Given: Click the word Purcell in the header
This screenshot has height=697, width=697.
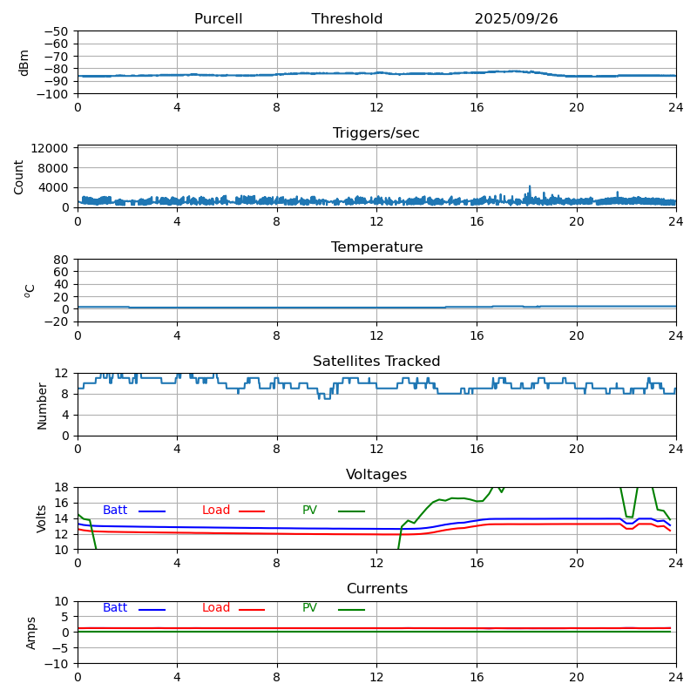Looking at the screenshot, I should click(218, 19).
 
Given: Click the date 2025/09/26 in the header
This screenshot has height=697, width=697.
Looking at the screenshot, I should click(516, 19).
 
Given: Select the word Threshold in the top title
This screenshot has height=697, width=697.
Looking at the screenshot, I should click(347, 19).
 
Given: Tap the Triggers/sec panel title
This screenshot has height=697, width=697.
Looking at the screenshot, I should click(376, 133).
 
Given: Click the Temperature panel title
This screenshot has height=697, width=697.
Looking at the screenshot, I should click(376, 247).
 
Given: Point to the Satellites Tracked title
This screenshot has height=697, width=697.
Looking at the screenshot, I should click(376, 362).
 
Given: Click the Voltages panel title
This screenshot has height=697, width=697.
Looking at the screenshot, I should click(376, 475).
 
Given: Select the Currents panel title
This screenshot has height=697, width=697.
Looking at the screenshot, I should click(376, 589).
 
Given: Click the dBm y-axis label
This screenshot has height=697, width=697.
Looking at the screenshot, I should click(24, 63).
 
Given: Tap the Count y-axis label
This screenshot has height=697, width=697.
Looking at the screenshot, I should click(19, 177).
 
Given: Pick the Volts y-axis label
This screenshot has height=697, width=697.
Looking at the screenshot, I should click(42, 518).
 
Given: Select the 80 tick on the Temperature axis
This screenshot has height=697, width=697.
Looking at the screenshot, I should click(63, 260).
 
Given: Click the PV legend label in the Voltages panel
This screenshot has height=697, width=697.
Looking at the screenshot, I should click(309, 511).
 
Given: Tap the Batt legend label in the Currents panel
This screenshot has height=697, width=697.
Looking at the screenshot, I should click(115, 608).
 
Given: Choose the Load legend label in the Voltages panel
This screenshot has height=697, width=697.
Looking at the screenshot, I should click(216, 511).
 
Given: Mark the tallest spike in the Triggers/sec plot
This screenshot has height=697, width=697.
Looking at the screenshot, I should click(530, 186).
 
